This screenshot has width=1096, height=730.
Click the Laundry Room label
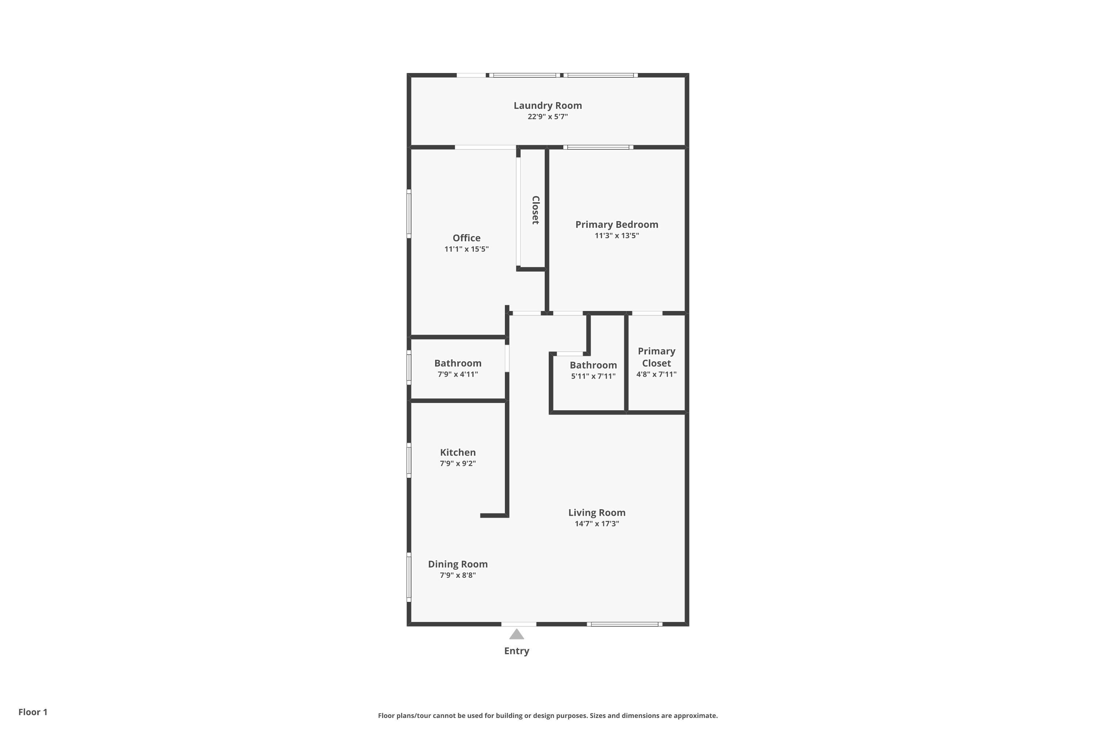(548, 106)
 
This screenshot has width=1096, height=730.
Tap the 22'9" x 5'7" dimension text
(548, 116)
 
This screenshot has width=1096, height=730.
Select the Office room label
(467, 238)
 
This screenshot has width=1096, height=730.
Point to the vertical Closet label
(536, 210)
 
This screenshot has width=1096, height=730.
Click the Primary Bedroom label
(617, 224)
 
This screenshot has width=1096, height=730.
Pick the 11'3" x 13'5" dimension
(617, 235)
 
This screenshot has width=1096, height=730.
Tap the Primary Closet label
(656, 357)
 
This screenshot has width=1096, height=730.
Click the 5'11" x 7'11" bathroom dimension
(593, 376)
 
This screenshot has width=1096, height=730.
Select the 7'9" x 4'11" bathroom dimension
(458, 374)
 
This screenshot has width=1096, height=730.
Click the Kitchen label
(458, 453)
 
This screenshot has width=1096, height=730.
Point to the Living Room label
(597, 512)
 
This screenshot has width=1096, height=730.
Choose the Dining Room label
(458, 564)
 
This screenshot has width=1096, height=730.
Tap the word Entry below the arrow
(516, 651)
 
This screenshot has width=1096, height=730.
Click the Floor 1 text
(33, 712)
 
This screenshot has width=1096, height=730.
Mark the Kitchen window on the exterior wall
(409, 460)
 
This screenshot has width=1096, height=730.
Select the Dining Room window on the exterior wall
(409, 577)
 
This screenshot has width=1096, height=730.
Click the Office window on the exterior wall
(409, 214)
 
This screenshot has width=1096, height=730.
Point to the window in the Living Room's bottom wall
(624, 624)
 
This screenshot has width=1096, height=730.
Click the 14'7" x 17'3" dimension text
(597, 524)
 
